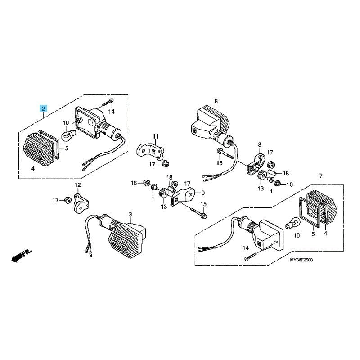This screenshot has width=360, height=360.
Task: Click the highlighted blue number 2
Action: point(43,108)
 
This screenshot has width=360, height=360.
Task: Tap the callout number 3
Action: point(130,215)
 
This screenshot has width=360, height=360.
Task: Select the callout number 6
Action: point(216,101)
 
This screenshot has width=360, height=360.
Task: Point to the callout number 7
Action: point(321,176)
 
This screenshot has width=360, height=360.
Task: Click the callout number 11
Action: point(156,136)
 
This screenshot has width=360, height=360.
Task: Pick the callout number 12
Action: point(78,184)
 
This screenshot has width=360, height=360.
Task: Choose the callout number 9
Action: point(203,193)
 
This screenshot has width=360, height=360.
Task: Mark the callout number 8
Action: point(260,144)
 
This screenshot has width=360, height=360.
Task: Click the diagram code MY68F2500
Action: point(301,260)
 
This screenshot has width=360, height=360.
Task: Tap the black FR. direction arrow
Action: point(22,255)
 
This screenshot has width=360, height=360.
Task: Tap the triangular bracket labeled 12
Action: point(81,203)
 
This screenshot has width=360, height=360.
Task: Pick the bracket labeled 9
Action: point(183,195)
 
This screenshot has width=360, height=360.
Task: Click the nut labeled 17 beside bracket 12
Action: point(67,200)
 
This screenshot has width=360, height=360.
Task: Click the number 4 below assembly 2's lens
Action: point(33,169)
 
